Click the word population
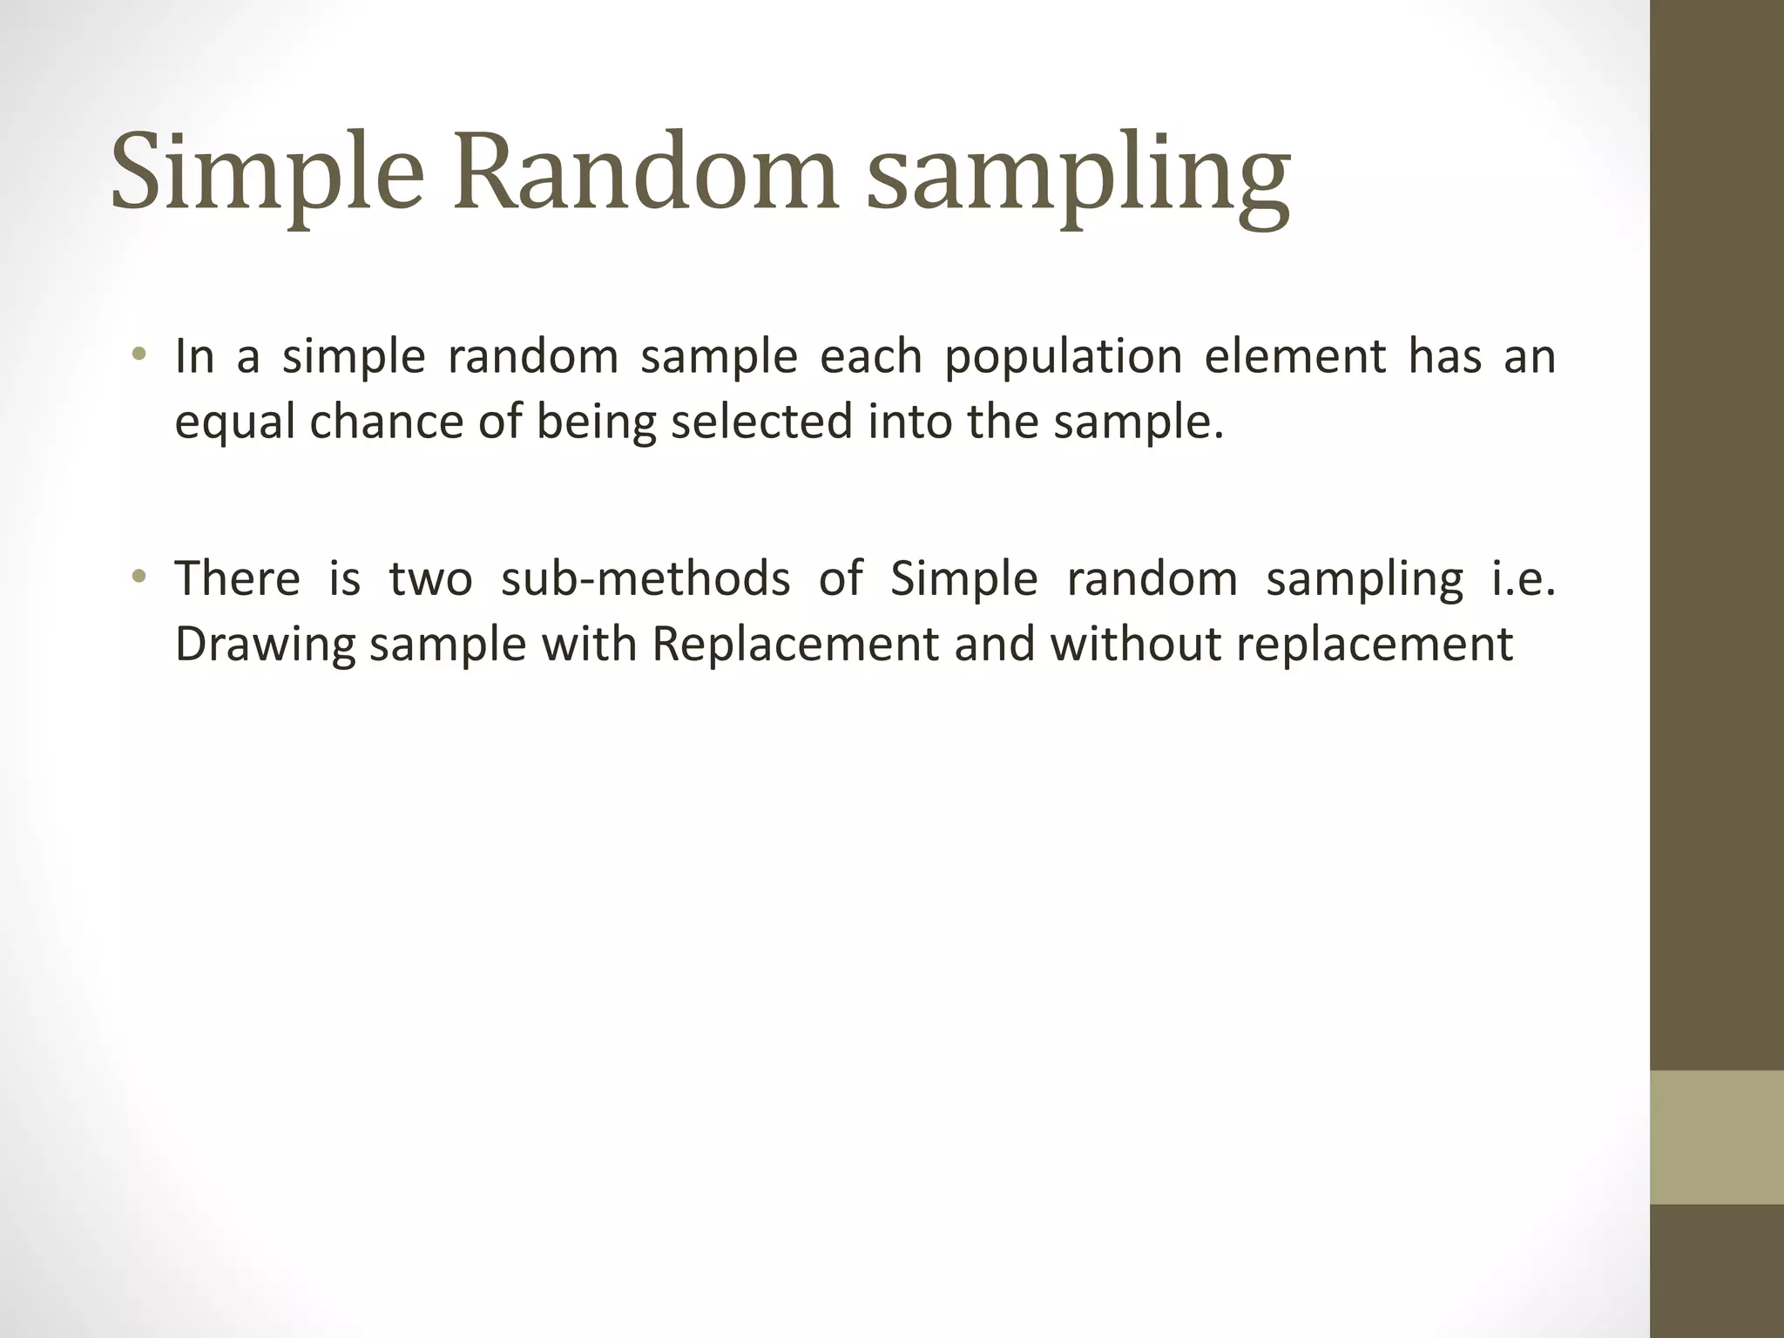1064,357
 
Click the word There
238,578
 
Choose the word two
430,578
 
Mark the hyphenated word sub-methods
645,578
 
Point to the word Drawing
265,645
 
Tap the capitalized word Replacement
795,645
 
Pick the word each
871,357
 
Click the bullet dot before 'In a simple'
139,355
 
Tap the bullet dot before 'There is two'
139,577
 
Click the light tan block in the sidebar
1716,1138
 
